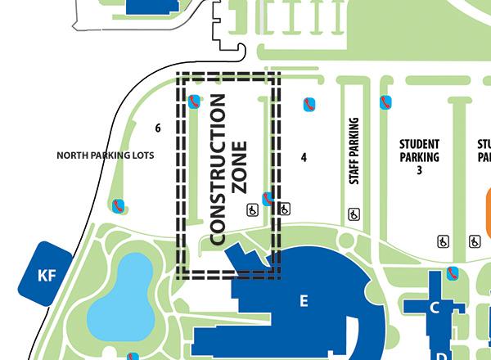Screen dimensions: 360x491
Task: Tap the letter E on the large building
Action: point(304,301)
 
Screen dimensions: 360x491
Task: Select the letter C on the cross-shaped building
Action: point(435,308)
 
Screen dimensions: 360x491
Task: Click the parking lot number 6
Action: point(158,128)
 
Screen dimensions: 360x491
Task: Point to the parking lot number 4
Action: point(304,155)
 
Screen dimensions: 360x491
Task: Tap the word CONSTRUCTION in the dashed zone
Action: point(218,169)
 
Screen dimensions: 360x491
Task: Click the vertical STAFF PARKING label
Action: point(354,151)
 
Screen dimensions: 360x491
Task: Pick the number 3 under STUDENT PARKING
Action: point(419,170)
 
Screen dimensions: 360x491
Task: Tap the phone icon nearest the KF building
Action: point(119,205)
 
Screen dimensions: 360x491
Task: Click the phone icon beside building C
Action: point(453,272)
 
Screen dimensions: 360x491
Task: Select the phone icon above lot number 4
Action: point(309,105)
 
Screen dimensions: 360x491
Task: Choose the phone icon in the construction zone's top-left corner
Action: point(193,101)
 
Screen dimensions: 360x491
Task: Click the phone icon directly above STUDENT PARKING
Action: point(385,102)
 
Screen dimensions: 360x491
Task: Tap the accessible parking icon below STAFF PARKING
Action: point(354,214)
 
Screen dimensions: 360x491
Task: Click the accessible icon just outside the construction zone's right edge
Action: point(284,209)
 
